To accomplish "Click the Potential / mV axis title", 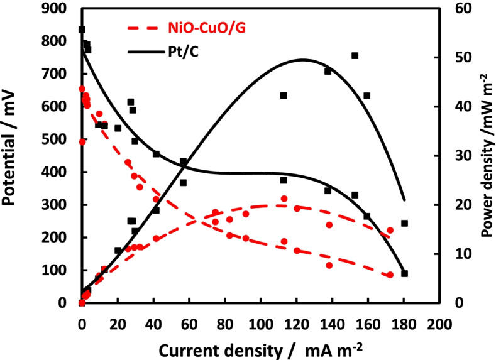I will (x=13, y=156).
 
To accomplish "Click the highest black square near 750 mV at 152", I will (x=355, y=56).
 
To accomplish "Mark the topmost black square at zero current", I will (x=82, y=30).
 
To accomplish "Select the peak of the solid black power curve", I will (x=304, y=60).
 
